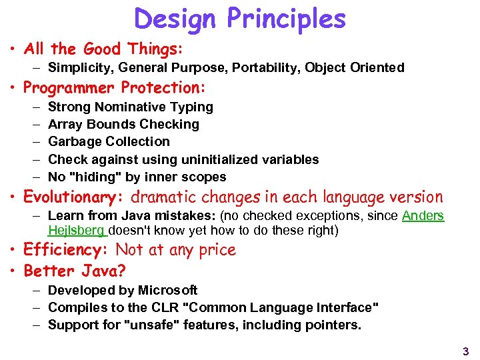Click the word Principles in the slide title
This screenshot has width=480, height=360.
[x=287, y=19]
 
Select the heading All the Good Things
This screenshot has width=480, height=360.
[x=103, y=49]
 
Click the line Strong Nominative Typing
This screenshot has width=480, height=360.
[x=131, y=107]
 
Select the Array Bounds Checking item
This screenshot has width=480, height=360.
[x=123, y=124]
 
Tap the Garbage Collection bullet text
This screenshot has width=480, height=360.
[x=109, y=141]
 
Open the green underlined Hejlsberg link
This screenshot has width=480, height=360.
[x=77, y=231]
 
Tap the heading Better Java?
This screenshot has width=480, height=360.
[x=75, y=271]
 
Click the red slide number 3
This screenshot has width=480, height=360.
[x=465, y=351]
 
